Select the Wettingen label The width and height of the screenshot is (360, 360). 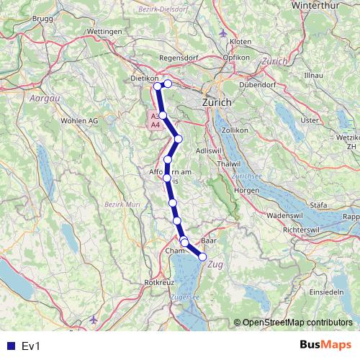101,32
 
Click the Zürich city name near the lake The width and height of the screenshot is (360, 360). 217,103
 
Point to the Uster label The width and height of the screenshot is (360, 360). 309,120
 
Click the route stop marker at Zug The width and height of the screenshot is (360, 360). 202,256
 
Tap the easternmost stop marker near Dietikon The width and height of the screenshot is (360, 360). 168,84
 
